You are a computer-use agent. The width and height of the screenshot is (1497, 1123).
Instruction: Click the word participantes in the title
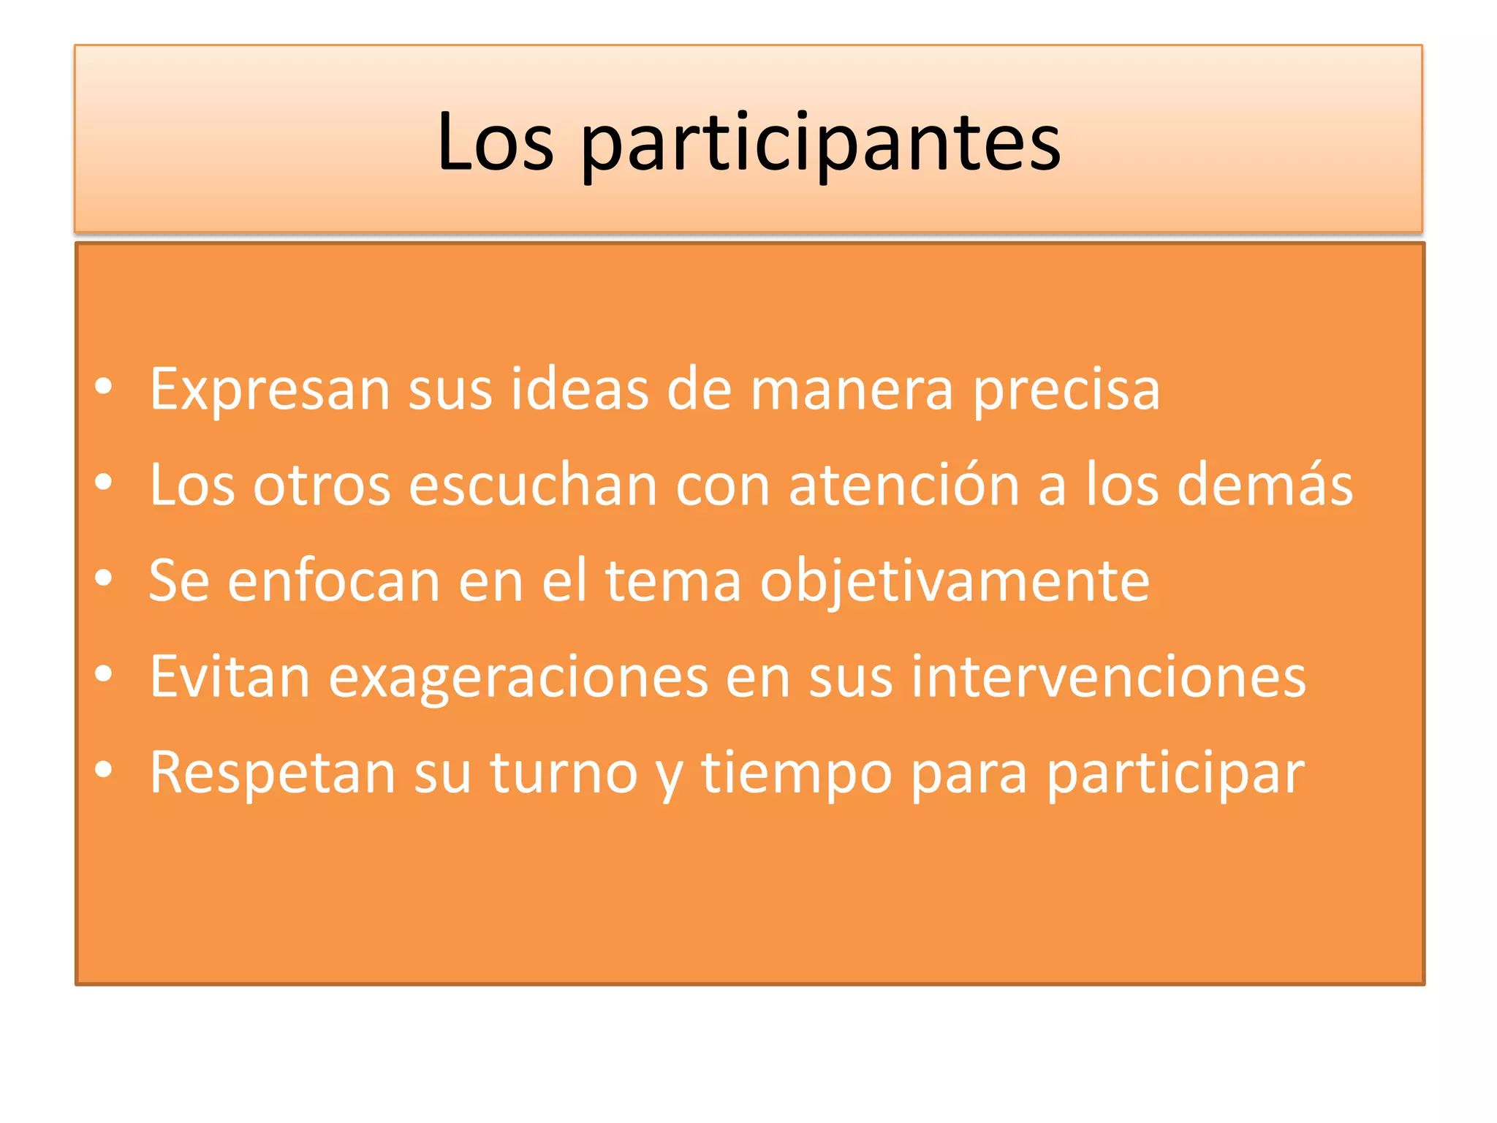coord(820,143)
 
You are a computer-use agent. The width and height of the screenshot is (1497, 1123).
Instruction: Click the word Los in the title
coord(495,142)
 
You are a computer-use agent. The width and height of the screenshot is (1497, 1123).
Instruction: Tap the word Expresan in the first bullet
coord(269,390)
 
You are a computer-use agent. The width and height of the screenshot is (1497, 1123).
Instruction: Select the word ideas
coord(579,389)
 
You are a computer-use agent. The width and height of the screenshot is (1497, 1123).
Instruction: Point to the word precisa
coord(1066,390)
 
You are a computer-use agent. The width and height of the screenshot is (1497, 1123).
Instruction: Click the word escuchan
coord(533,485)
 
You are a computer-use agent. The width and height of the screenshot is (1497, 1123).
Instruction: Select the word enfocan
coord(333,581)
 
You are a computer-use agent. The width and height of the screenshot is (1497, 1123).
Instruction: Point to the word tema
coord(673,581)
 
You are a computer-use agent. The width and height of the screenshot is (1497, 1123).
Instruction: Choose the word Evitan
coord(230,677)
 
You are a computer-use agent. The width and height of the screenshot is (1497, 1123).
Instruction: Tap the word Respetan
coord(272,774)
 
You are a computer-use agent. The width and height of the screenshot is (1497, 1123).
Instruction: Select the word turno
coord(564,773)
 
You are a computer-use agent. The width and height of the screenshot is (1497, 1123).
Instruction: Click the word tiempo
coord(797,774)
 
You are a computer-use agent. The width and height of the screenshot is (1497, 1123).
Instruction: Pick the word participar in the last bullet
coord(1175,774)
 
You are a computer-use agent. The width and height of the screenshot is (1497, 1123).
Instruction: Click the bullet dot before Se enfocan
coord(104,578)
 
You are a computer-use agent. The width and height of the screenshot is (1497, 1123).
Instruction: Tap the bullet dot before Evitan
coord(104,673)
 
